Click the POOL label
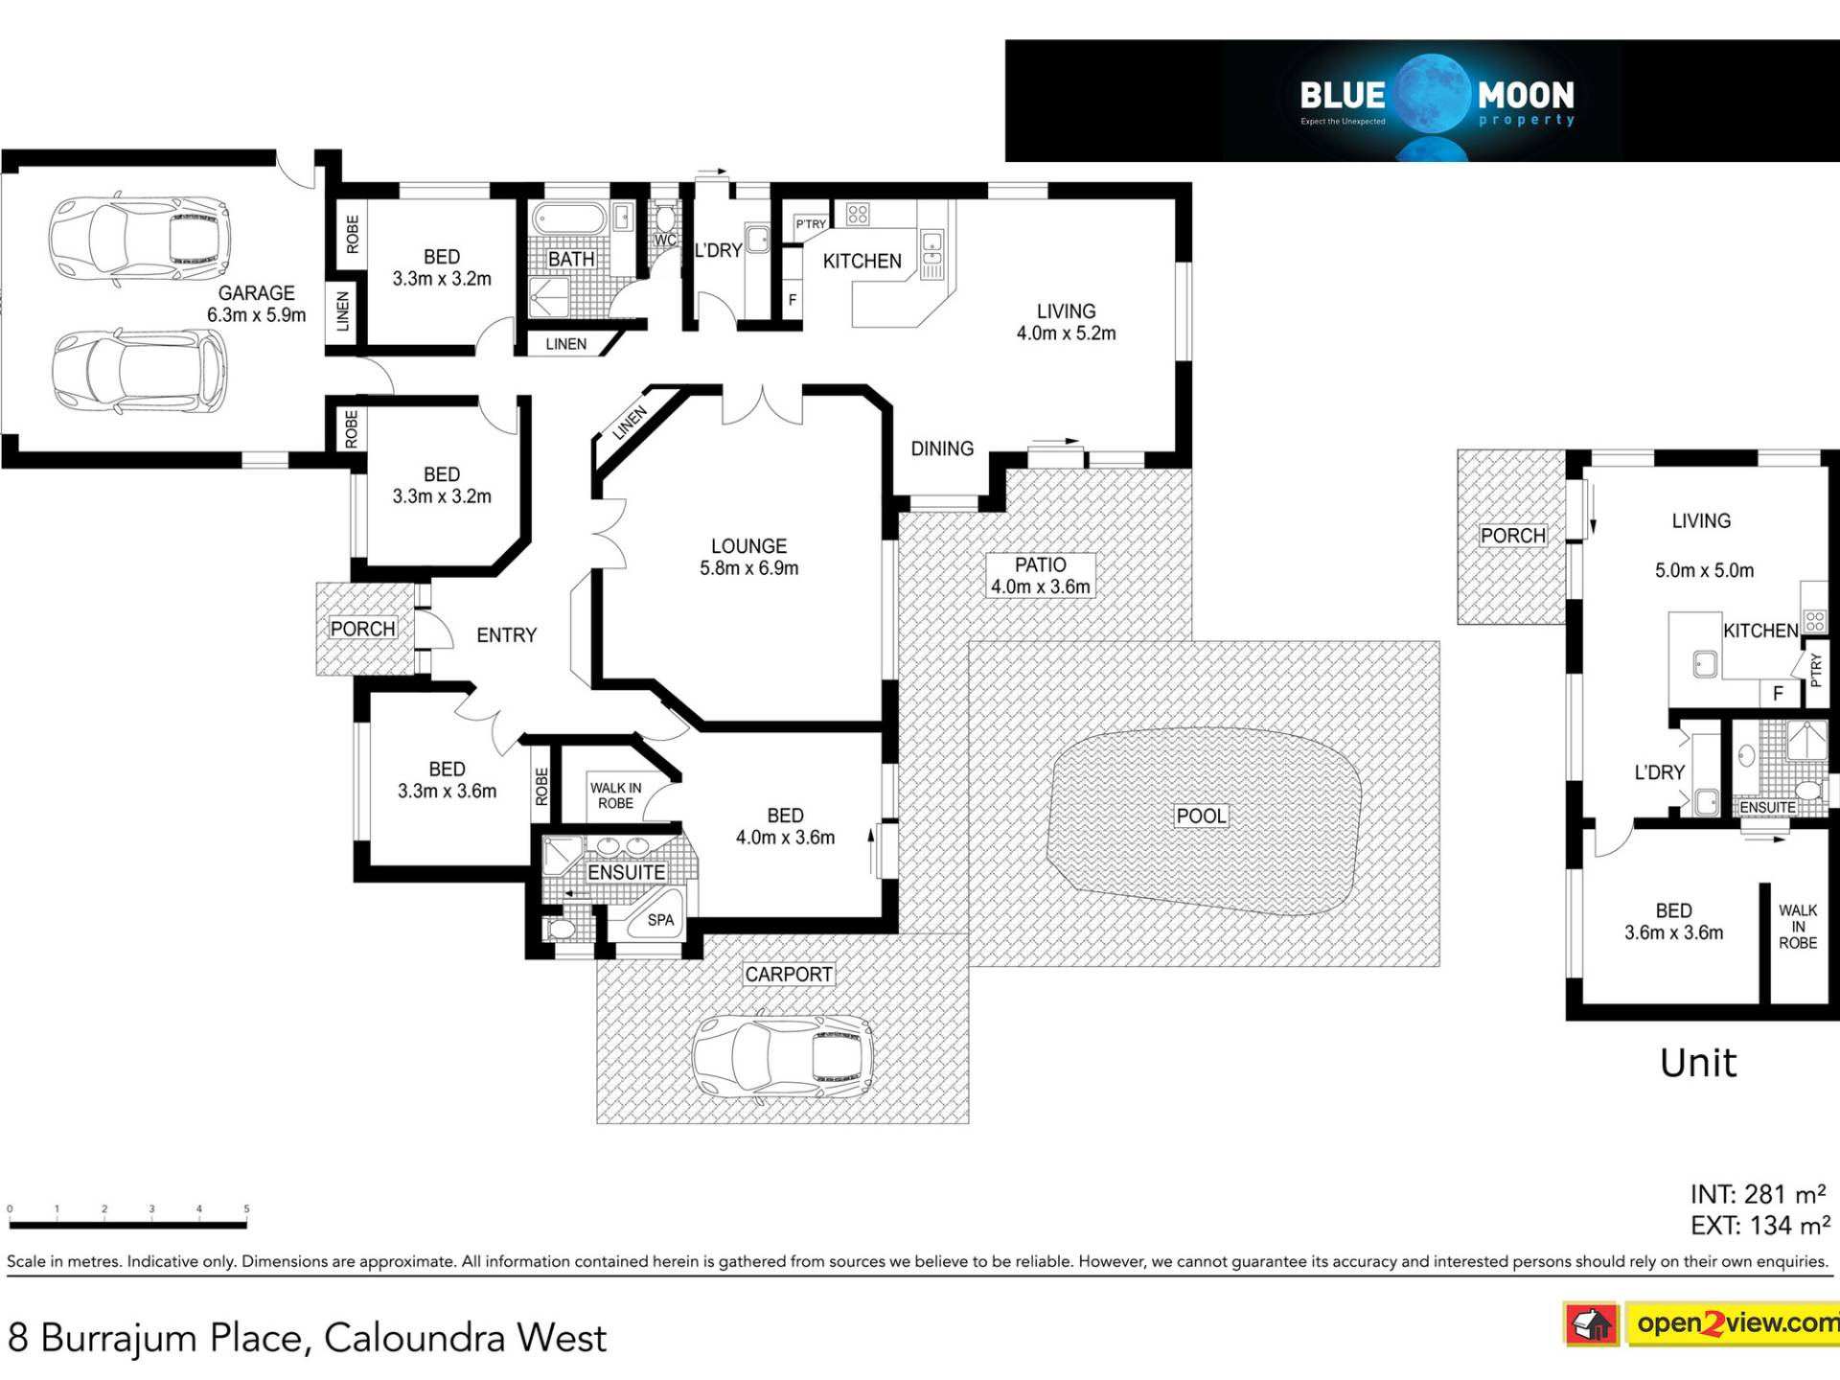(x=1201, y=816)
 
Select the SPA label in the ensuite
(x=660, y=920)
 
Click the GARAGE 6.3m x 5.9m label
(x=256, y=304)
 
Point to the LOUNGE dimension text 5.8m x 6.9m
(x=748, y=568)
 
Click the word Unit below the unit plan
(x=1697, y=1063)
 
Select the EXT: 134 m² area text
(x=1759, y=1226)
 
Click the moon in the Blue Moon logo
(x=1432, y=94)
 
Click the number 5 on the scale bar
(x=246, y=1209)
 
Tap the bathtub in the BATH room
(x=569, y=219)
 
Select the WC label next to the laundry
(x=665, y=240)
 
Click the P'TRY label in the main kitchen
(x=811, y=224)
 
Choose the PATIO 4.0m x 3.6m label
(x=1040, y=576)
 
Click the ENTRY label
(x=506, y=635)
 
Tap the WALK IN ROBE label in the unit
(x=1797, y=927)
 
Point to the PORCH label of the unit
(x=1512, y=536)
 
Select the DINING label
(x=941, y=448)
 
